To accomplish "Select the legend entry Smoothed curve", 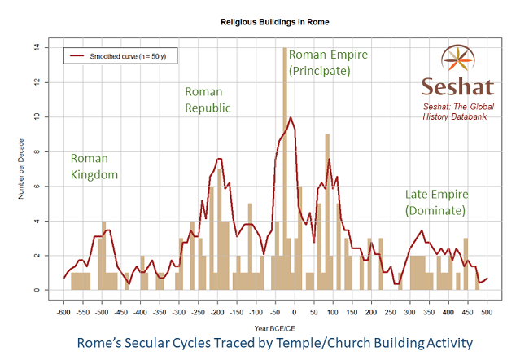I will (x=122, y=56).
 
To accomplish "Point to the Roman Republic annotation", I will (x=208, y=99).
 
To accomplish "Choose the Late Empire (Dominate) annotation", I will (x=435, y=203).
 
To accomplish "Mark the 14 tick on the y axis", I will (x=37, y=47).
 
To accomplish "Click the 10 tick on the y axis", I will (x=37, y=116).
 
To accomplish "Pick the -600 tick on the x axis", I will (x=63, y=311).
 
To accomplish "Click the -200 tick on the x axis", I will (x=217, y=311).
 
